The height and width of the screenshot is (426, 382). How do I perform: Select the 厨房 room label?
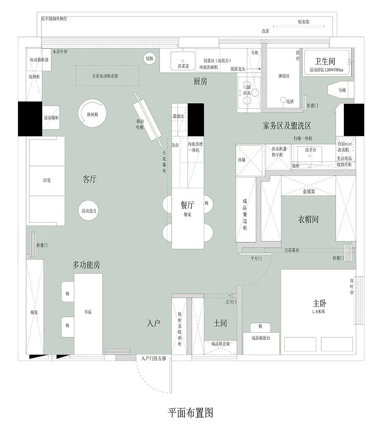200,82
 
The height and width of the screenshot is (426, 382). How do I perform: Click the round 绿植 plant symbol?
149,59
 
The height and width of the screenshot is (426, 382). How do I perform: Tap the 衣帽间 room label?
309,219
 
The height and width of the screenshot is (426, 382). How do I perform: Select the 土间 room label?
220,323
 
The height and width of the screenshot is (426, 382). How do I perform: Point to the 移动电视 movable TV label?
140,124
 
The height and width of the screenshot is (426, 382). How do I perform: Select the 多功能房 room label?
86,265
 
